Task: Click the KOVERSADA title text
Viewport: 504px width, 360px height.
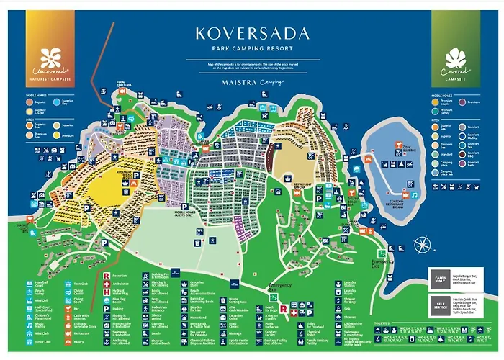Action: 251,33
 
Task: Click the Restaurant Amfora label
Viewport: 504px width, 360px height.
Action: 302,184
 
